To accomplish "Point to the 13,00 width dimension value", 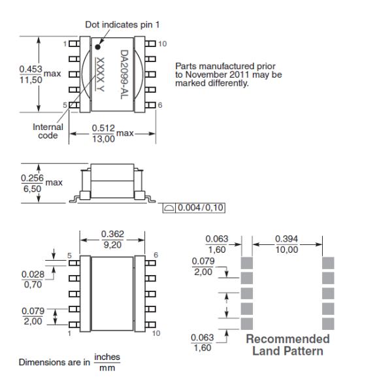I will pos(105,139).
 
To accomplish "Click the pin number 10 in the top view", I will pos(162,44).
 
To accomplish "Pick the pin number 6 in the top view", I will pos(159,105).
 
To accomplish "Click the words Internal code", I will pos(48,131).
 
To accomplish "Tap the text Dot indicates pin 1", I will pos(122,25).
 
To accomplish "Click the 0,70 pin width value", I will pos(30,286).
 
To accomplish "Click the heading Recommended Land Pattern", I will pos(287,344).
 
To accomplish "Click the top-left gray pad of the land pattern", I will pos(247,263).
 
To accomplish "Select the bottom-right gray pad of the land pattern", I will pos(329,323).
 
